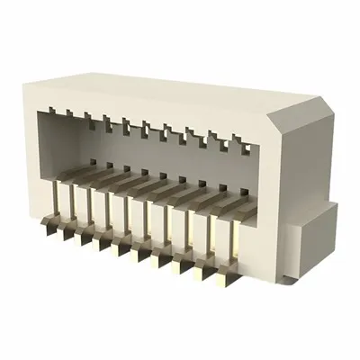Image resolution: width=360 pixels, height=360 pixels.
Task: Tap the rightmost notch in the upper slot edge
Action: [x=237, y=139]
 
